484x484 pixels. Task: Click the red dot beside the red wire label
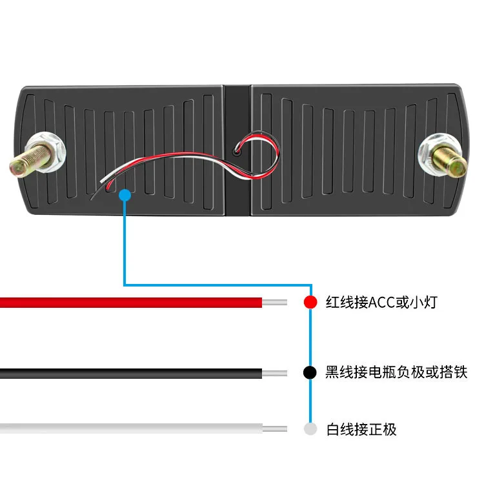point(310,302)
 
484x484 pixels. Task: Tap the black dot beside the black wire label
point(310,372)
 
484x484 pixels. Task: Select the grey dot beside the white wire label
point(310,429)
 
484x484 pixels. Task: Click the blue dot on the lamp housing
point(125,194)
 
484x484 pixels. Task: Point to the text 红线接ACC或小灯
point(381,302)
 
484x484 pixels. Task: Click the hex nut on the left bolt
point(51,150)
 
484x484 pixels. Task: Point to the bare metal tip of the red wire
point(274,302)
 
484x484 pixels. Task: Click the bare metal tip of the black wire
point(274,373)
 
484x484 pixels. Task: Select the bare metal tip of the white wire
point(274,429)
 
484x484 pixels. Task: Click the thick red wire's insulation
point(129,302)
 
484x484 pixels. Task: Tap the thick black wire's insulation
point(129,373)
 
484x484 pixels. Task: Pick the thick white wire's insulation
point(129,429)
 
